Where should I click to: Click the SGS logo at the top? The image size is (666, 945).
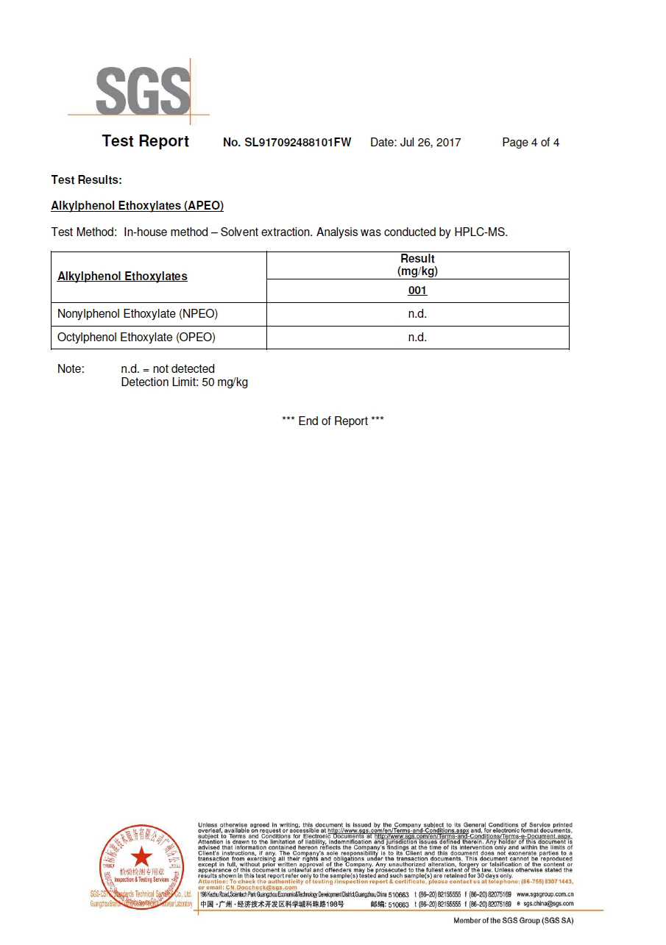click(142, 91)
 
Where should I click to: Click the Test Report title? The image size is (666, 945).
click(145, 141)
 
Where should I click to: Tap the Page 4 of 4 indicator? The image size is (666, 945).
click(530, 143)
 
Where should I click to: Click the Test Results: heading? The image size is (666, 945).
click(86, 179)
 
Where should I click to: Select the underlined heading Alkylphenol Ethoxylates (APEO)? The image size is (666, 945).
click(137, 206)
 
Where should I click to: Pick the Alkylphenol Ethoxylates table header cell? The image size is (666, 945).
click(122, 277)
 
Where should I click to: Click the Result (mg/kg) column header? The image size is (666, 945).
click(417, 265)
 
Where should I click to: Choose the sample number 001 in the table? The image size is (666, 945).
click(417, 290)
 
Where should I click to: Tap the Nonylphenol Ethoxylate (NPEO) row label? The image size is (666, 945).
click(138, 314)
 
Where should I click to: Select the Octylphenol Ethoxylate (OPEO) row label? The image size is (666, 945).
click(136, 338)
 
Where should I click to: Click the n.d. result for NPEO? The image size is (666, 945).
click(417, 314)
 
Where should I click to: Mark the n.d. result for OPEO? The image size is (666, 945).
click(417, 338)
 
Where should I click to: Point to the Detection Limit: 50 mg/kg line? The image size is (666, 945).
click(184, 382)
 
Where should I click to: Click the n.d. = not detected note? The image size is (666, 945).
click(168, 368)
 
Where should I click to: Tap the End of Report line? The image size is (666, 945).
click(333, 421)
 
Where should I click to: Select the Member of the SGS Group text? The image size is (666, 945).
click(513, 921)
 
